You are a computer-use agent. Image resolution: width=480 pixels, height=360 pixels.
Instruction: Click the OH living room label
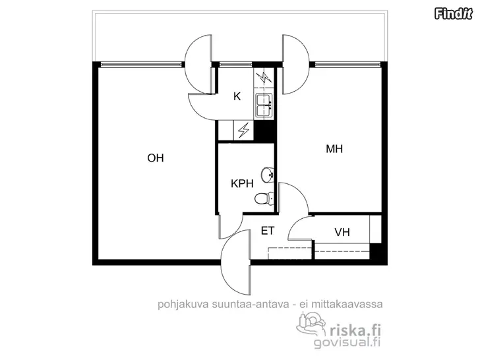(x=156, y=158)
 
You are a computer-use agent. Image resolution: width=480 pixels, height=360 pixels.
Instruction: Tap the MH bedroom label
(x=334, y=149)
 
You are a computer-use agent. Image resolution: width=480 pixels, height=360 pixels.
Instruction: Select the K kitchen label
(x=237, y=96)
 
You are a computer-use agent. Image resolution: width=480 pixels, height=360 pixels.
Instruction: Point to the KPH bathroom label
(x=242, y=184)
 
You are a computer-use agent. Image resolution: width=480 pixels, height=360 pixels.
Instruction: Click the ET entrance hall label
(x=268, y=231)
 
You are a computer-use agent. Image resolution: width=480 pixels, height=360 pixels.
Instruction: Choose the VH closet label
(x=342, y=232)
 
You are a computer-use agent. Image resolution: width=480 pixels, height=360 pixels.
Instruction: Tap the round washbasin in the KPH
(x=267, y=175)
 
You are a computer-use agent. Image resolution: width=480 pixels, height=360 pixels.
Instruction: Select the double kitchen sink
(x=264, y=105)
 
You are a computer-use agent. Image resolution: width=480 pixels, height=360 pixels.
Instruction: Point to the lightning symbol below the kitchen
(x=244, y=131)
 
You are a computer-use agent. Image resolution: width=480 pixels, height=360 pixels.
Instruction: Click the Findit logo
(x=454, y=14)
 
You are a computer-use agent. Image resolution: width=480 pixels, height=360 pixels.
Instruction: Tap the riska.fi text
(x=355, y=330)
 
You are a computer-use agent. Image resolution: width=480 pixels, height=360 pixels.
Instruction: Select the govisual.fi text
(x=347, y=342)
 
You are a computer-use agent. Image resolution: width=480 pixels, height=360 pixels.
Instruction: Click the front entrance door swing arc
(x=236, y=262)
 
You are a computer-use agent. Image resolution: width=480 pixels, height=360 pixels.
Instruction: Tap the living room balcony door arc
(x=198, y=65)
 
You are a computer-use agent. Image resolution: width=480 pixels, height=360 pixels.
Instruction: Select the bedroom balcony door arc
(x=296, y=65)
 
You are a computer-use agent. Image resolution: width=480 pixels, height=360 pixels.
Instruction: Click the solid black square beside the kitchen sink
(x=264, y=131)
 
